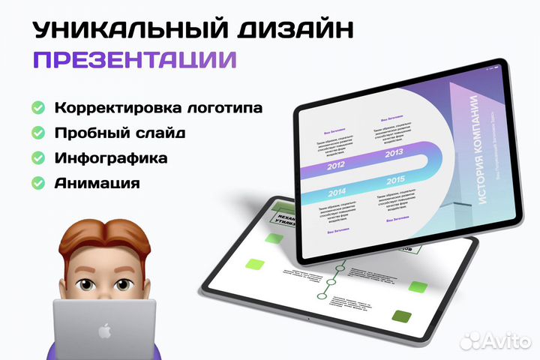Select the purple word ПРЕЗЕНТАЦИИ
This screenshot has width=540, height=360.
[x=135, y=59]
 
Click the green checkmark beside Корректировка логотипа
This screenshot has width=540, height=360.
[x=37, y=108]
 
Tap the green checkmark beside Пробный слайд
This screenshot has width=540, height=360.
[x=37, y=133]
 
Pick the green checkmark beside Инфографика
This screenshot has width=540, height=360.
[x=37, y=158]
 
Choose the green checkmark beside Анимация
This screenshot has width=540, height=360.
[x=37, y=183]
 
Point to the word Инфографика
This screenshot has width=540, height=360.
[x=110, y=158]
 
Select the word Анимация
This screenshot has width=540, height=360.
[x=97, y=183]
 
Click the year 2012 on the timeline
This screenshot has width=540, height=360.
[x=335, y=166]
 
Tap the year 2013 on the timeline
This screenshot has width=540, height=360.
[x=394, y=154]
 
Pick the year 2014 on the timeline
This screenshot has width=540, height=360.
[x=337, y=192]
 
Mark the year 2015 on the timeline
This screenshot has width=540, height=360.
[x=396, y=181]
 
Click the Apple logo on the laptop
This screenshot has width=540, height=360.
[x=104, y=330]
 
